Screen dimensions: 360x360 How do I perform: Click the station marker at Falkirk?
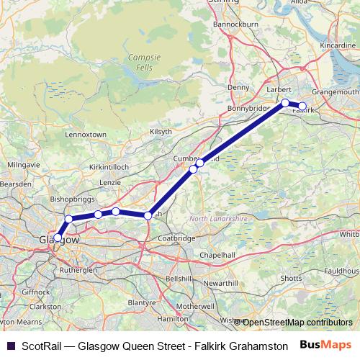click(x=302, y=107)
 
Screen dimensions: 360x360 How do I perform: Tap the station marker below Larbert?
click(x=285, y=103)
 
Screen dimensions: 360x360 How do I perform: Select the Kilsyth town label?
click(x=160, y=131)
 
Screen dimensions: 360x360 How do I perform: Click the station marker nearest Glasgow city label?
click(x=57, y=237)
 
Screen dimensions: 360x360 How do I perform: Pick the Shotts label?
click(x=291, y=278)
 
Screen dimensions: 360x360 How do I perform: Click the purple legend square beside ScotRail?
click(x=10, y=346)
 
